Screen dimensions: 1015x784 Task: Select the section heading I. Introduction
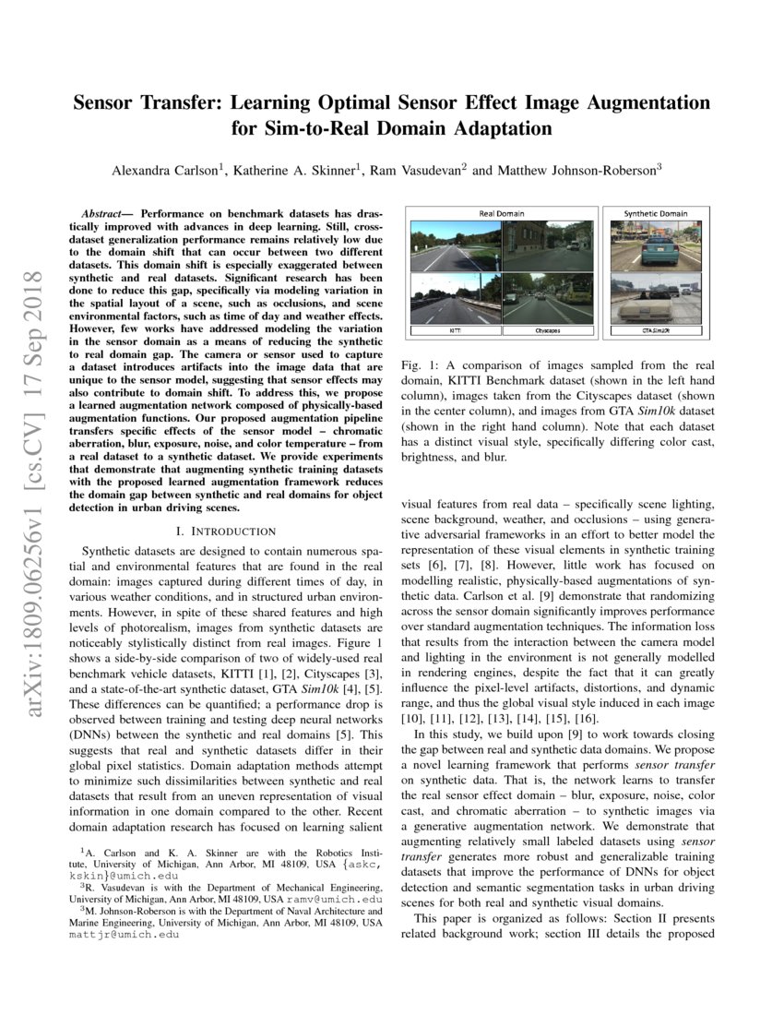225,531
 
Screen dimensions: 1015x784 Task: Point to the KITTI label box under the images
455,329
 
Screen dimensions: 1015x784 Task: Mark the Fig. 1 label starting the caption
419,365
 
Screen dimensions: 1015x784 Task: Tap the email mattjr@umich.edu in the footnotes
122,933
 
